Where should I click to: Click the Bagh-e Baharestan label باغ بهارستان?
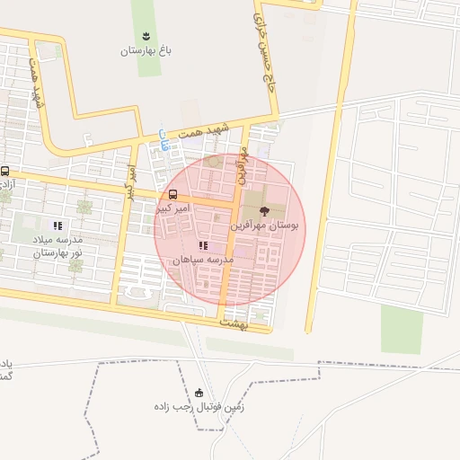pos(146,50)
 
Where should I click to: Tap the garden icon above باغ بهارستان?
pos(146,34)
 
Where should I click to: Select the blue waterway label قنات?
pos(163,137)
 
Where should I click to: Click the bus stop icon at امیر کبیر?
pos(172,194)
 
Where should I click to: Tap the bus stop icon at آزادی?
pos(5,171)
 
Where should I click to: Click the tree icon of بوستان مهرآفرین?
pos(264,211)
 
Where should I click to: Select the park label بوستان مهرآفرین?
pos(269,226)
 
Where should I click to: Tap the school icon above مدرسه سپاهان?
pos(204,244)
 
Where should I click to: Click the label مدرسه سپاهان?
pos(203,259)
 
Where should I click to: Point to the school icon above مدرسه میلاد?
pos(57,226)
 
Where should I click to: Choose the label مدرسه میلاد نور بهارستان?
pos(57,246)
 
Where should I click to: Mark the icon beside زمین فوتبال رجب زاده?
pos(199,393)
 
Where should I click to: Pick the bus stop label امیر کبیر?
pos(175,208)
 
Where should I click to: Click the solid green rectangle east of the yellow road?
pos(402,329)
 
